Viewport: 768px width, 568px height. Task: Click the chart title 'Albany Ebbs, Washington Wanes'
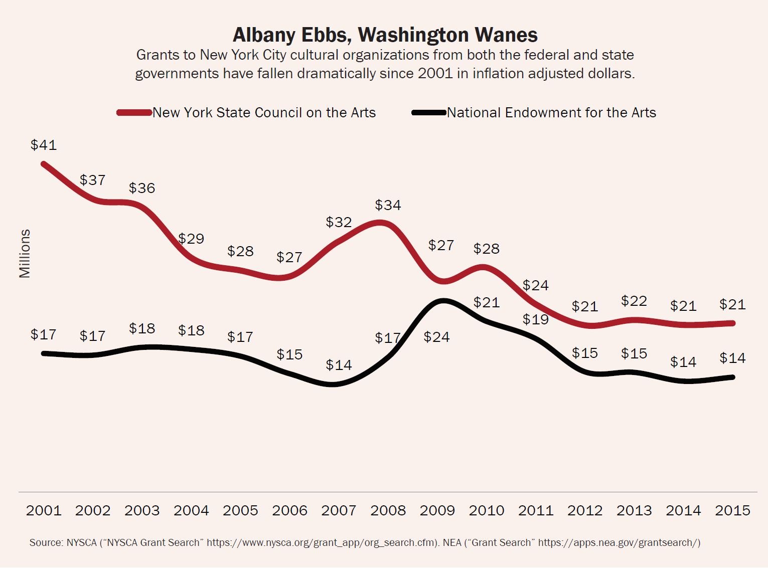tap(385, 35)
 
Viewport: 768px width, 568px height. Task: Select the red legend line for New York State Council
tap(134, 113)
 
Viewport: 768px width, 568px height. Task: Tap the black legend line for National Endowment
tap(429, 113)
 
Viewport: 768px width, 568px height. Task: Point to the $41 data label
tap(44, 145)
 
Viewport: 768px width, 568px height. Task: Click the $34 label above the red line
tap(388, 205)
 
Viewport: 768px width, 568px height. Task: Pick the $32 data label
tap(339, 222)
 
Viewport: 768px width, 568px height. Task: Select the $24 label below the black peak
tap(436, 337)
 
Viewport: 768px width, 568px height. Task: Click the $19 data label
tap(536, 319)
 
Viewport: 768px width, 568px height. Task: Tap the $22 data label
tap(634, 301)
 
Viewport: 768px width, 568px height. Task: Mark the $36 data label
tap(142, 188)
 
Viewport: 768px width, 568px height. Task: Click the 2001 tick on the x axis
tap(44, 511)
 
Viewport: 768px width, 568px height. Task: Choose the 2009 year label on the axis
tap(437, 511)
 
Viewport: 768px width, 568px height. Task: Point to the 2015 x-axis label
tap(732, 511)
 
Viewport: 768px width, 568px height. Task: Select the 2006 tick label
tap(289, 511)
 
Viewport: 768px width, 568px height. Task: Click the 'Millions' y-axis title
tap(25, 254)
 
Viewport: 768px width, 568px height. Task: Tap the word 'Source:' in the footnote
tap(46, 542)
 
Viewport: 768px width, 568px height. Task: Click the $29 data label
tap(191, 239)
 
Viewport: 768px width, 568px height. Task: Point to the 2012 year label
tap(585, 511)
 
